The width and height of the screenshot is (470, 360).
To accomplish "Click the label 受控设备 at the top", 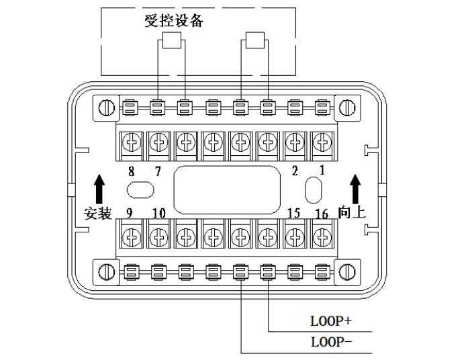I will pos(173,20).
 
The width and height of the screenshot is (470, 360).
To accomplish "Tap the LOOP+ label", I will pos(331,321).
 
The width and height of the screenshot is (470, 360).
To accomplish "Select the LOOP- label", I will pos(331,341).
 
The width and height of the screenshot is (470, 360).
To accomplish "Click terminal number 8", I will pos(131,170).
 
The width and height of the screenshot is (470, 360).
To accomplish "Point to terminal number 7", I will pos(158,170).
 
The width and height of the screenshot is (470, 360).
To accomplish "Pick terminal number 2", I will pos(295,170).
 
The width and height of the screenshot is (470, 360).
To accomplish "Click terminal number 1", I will pos(322,170).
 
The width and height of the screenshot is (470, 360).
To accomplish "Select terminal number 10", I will pos(158,214).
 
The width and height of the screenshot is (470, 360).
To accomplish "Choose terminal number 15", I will pos(293,214).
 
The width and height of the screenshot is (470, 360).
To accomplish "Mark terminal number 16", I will pos(322,214).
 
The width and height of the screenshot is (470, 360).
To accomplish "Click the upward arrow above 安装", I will pos(99,187).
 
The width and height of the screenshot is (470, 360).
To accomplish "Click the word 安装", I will pos(98,214).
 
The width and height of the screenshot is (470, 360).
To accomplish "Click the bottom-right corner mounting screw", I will pos(346,271).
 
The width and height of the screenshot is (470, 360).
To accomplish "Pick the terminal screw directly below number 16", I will pos(323,236).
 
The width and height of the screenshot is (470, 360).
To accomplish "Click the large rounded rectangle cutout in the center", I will pos(226,189).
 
